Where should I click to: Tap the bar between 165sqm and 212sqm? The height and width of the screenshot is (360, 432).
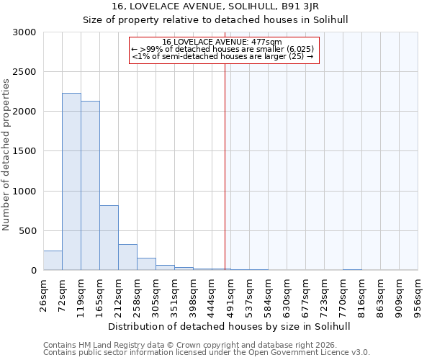coord(109,238)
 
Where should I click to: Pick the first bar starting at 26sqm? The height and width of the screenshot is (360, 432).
coord(53,261)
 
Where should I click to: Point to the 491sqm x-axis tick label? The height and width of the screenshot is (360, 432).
coord(230,295)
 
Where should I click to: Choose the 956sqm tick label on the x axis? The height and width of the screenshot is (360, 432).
coord(418,295)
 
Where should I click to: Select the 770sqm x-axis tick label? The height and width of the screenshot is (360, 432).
coord(343,295)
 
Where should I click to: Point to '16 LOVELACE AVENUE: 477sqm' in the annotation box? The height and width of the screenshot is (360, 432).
coord(222,42)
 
